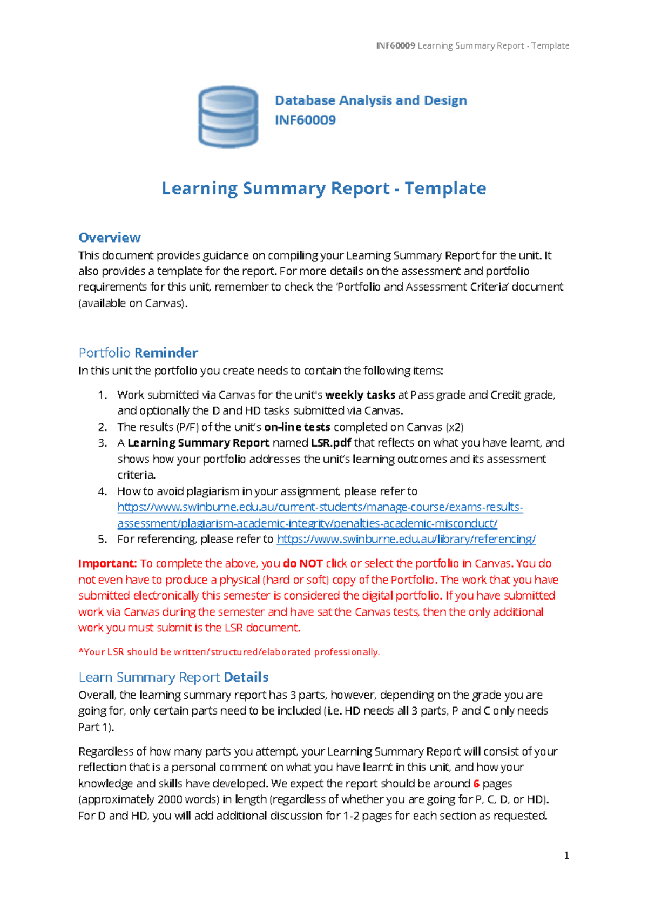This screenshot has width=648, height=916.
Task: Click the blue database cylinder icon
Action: point(228,117)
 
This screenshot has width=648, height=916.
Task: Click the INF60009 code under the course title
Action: point(305,120)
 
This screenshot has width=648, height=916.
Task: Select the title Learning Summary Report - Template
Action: point(323,188)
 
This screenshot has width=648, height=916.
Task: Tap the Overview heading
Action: point(110,238)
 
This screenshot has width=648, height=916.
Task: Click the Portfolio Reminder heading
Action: point(138,353)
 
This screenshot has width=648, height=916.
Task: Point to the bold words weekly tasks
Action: point(360,395)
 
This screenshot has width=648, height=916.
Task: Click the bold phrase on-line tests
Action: point(297,427)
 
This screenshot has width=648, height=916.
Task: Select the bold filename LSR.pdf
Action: point(331,443)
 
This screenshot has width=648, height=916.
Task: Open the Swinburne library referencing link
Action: point(406,539)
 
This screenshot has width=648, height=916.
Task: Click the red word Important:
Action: point(107,563)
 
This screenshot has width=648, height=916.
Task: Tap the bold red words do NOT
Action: point(303,563)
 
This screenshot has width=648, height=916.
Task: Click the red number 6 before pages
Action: point(476,784)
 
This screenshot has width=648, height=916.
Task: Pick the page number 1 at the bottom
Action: point(566,855)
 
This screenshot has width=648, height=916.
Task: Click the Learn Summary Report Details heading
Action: point(173,677)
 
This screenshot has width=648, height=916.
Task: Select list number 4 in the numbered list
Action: point(103,491)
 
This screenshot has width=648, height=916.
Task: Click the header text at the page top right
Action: point(473,46)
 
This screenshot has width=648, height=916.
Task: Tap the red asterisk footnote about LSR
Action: point(229,652)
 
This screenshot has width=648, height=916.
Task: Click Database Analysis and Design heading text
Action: point(371,100)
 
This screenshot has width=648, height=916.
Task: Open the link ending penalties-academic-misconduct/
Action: point(307,523)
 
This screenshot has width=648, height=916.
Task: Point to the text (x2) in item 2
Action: point(455,427)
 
